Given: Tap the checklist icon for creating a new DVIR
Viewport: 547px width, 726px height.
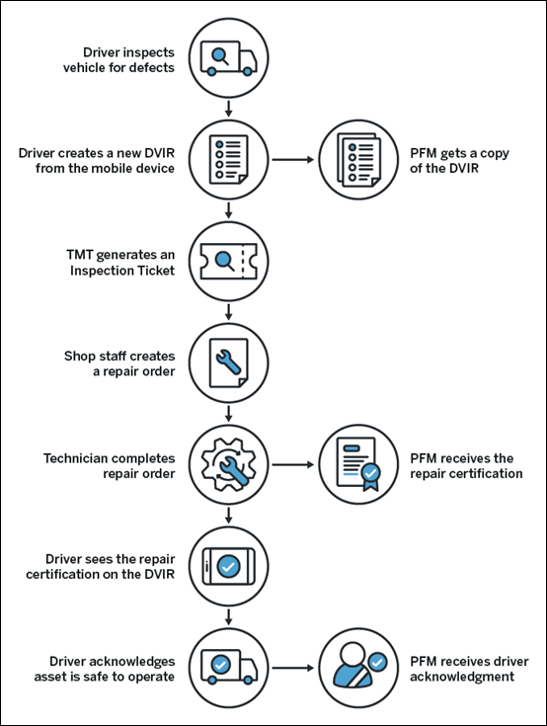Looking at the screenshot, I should [228, 159].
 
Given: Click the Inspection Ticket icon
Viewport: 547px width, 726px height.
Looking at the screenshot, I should [228, 262].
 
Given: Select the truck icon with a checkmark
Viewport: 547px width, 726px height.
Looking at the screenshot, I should [228, 668].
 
